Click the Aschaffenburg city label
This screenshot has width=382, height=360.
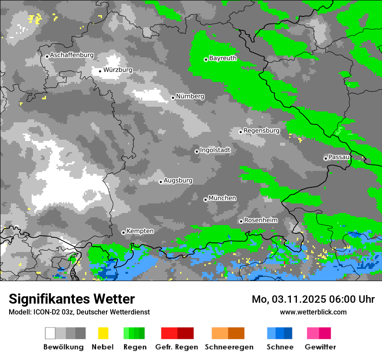(72, 56)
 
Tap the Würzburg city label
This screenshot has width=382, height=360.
(118, 70)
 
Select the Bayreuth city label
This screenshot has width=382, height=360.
(223, 58)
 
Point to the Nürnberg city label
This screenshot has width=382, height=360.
(190, 96)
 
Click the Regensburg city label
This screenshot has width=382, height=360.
(261, 131)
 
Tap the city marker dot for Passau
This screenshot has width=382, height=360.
(326, 158)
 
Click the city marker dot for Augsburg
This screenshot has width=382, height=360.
(161, 182)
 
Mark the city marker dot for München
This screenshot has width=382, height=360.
(205, 200)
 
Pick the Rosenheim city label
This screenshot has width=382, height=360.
(260, 220)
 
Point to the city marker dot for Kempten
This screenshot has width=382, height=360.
(123, 232)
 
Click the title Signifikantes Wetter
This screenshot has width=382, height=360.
(72, 299)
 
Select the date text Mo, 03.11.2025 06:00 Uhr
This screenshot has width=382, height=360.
(313, 299)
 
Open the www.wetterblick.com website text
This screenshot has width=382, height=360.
(313, 312)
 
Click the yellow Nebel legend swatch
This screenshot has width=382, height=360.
(103, 333)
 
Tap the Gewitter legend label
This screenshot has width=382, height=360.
(320, 347)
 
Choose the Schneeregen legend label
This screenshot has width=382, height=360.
(229, 347)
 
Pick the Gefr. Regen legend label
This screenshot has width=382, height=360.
(177, 347)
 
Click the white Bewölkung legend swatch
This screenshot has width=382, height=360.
(50, 333)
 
